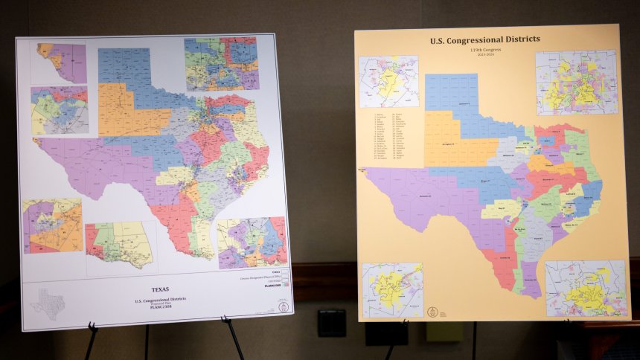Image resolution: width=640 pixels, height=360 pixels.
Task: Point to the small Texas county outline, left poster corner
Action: click(x=47, y=303)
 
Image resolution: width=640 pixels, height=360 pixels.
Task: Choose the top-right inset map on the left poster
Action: click(x=221, y=64)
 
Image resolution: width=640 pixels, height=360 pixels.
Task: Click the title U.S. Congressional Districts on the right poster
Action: click(x=484, y=39)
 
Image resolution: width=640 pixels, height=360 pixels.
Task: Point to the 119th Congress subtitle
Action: click(x=484, y=48)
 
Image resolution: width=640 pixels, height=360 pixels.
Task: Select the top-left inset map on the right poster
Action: click(x=388, y=81)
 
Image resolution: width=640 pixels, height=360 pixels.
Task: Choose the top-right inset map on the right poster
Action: click(x=576, y=82)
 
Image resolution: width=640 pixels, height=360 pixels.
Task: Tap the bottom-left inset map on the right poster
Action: click(x=392, y=289)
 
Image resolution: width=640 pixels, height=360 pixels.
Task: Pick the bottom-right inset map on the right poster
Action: click(x=586, y=288)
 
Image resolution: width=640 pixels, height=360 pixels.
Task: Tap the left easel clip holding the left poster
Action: click(x=92, y=327)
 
